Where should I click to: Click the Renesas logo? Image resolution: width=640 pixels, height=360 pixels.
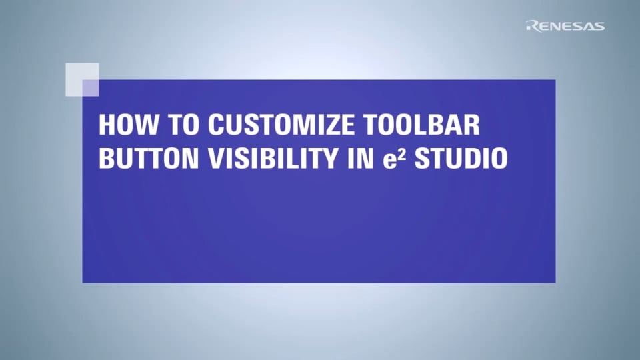(x=565, y=26)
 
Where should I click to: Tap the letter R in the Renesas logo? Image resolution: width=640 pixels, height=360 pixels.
(x=531, y=26)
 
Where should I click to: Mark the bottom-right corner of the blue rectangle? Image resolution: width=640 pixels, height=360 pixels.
(x=555, y=282)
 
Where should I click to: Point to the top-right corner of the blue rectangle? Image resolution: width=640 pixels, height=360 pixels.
(x=555, y=81)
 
